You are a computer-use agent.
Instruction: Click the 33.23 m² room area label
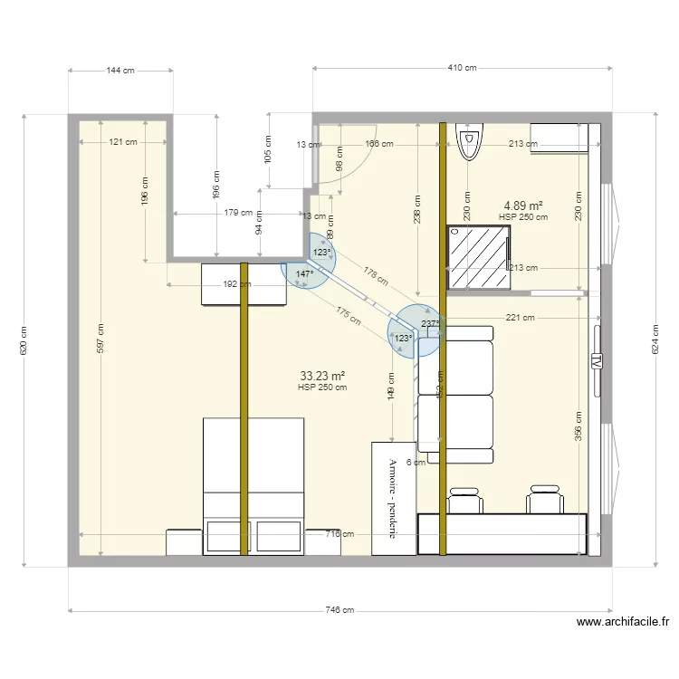click(x=322, y=376)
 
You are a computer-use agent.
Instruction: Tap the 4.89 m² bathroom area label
click(x=522, y=206)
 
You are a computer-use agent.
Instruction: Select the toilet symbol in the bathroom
click(x=468, y=143)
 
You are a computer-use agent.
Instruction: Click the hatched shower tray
click(x=479, y=258)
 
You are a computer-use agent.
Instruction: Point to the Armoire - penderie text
click(x=393, y=499)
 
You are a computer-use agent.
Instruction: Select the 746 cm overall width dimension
click(x=339, y=610)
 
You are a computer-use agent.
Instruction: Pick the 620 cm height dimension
click(x=24, y=340)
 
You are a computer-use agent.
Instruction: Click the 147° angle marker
click(x=304, y=273)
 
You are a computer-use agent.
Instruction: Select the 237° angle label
click(x=431, y=323)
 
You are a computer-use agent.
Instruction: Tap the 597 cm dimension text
click(x=100, y=339)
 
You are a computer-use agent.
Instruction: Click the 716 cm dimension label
click(x=339, y=534)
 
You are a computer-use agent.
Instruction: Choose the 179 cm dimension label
click(x=239, y=214)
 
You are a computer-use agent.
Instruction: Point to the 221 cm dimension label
click(x=521, y=318)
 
